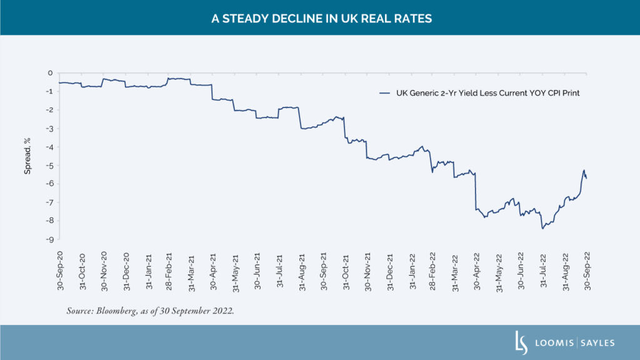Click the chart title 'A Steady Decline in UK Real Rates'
[x=320, y=19]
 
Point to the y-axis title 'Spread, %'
[x=27, y=156]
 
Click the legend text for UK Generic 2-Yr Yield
[x=487, y=93]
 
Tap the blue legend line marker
[x=384, y=93]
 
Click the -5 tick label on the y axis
[x=49, y=166]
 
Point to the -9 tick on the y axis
[x=49, y=239]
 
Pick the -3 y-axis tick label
[x=49, y=129]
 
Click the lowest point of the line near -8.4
[x=542, y=228]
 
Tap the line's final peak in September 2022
[x=584, y=170]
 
